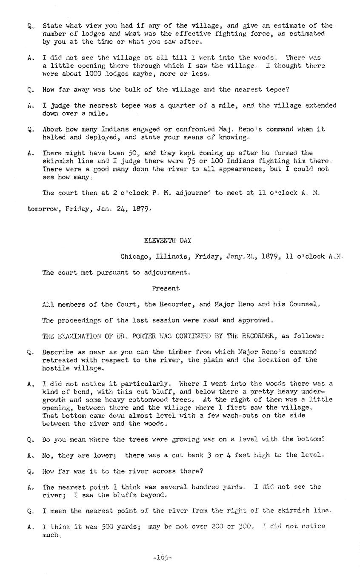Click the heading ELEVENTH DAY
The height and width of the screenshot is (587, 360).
(168, 240)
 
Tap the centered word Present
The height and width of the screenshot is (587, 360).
(166, 288)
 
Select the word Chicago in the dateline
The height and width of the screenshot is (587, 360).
(134, 256)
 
